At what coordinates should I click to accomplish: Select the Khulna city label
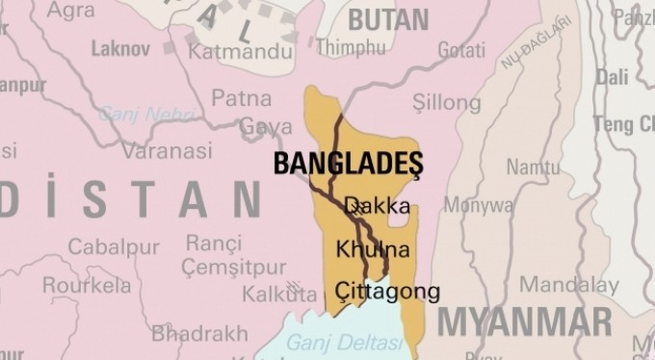click(x=373, y=250)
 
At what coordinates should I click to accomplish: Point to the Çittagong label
click(x=387, y=291)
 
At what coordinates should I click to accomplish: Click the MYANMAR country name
click(x=524, y=321)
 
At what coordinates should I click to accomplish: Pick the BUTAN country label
click(x=388, y=18)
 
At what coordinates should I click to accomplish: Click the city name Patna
click(x=241, y=97)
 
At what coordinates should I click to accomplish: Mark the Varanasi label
click(x=167, y=151)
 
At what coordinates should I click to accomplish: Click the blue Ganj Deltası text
click(x=332, y=342)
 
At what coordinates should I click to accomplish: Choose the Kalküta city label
click(x=266, y=292)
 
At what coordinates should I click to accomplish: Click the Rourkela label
click(x=86, y=285)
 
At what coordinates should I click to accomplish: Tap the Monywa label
click(x=478, y=205)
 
